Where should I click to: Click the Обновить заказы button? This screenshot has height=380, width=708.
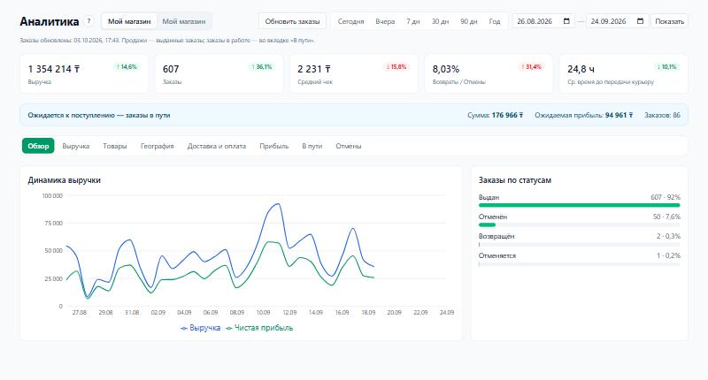point(292,21)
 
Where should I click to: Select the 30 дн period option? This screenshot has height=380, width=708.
point(440,21)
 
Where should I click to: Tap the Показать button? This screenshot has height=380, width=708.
point(669,21)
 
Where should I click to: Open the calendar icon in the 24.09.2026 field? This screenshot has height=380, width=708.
point(640,21)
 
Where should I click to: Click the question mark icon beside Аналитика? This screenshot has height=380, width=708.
point(89,21)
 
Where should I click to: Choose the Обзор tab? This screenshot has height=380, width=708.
point(38,146)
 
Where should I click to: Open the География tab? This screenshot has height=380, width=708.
point(158,146)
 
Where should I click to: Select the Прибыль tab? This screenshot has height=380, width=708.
point(274,146)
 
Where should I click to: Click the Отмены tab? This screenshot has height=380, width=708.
point(348,146)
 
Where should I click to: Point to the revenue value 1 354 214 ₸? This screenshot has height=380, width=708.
point(54,69)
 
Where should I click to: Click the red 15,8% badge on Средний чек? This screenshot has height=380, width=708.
point(396,66)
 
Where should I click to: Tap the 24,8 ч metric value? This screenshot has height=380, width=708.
point(581,69)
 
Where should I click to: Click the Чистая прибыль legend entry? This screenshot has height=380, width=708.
point(259,328)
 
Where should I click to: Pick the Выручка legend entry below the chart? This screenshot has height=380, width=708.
point(201,328)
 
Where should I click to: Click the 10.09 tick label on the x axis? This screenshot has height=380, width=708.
point(263,312)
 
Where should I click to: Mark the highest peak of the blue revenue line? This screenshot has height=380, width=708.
point(278,204)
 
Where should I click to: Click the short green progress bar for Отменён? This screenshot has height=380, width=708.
point(488,224)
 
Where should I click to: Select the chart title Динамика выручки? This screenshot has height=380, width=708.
point(64,180)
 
